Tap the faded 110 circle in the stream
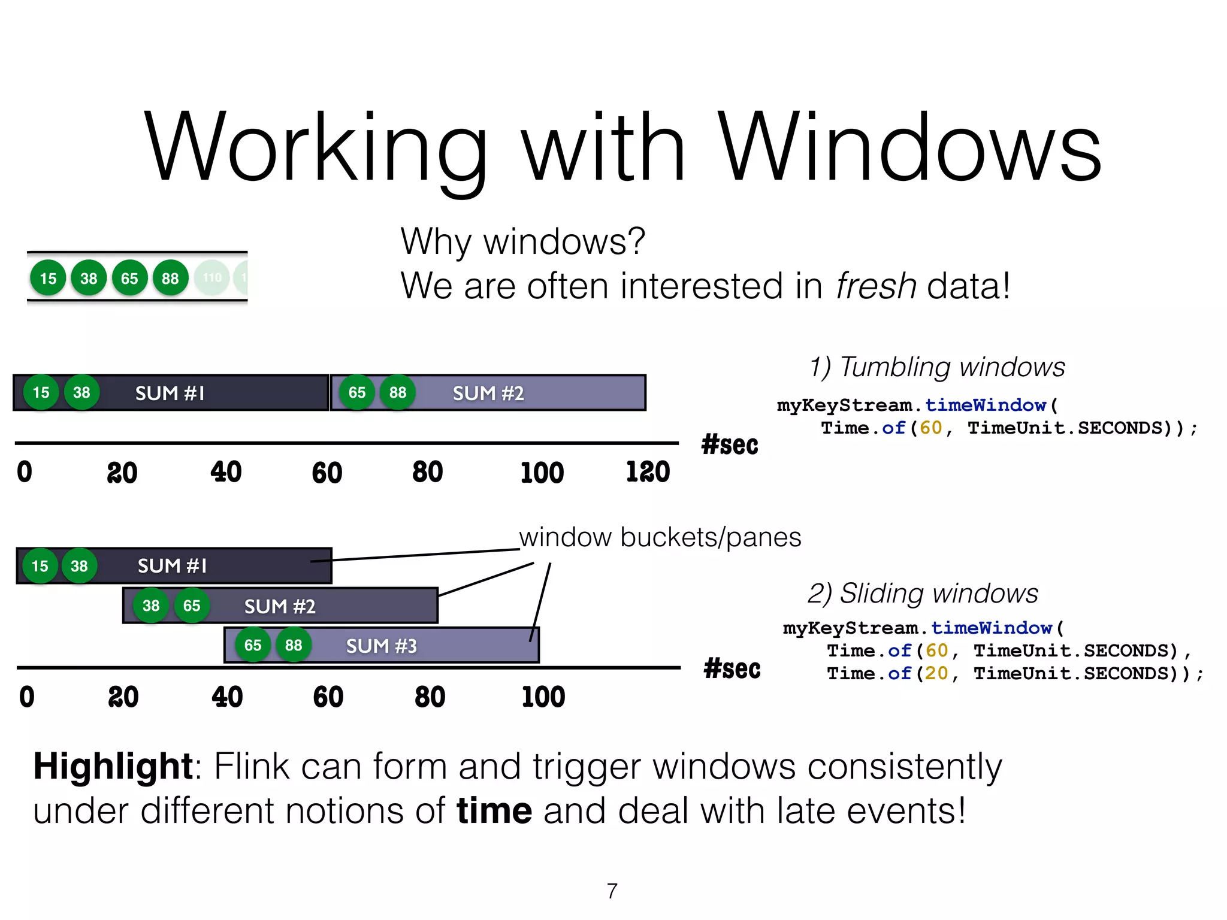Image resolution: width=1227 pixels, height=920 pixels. (x=212, y=278)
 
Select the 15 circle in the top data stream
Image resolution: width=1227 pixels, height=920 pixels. (x=48, y=278)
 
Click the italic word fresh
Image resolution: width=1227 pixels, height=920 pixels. (x=876, y=286)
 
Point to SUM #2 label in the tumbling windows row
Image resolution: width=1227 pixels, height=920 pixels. (x=488, y=394)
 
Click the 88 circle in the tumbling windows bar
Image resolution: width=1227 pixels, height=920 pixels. (x=398, y=393)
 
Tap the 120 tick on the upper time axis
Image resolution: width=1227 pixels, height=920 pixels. (x=648, y=472)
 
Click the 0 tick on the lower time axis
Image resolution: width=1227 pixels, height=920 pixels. (x=27, y=697)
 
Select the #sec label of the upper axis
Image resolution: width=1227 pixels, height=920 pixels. (x=729, y=445)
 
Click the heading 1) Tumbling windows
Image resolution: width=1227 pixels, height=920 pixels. (x=937, y=367)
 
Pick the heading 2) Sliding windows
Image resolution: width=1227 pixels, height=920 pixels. (x=923, y=594)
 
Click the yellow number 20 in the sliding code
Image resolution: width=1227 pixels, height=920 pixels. (x=936, y=673)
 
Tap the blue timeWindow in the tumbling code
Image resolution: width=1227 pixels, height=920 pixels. (x=986, y=405)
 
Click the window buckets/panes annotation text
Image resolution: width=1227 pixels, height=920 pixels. (x=660, y=537)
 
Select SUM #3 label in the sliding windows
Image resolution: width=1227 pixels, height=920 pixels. (x=381, y=646)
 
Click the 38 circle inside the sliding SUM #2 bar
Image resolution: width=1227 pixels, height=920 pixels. (x=151, y=606)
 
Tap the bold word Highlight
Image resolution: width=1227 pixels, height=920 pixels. (x=113, y=766)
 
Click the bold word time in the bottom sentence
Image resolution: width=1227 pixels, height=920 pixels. (x=494, y=811)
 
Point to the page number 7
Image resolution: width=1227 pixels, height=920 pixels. (x=612, y=891)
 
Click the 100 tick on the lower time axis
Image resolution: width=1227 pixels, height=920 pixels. (x=543, y=697)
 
